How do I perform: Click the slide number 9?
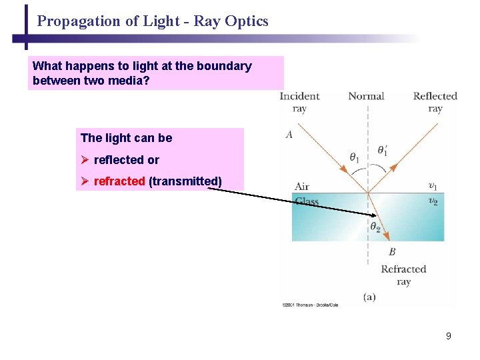(x=449, y=336)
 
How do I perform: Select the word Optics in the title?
(x=247, y=21)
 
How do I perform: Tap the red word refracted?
(x=119, y=181)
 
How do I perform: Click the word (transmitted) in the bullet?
(x=185, y=181)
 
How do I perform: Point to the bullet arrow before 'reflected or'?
(x=85, y=160)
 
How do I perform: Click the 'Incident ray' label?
(x=299, y=102)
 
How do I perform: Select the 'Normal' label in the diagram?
(x=366, y=96)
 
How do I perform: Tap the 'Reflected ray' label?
(x=435, y=102)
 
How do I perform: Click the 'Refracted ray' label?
(x=403, y=275)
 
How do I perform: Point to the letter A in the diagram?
(x=289, y=135)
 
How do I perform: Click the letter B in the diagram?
(x=392, y=251)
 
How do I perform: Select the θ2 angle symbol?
(x=376, y=227)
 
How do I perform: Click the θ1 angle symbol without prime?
(x=354, y=158)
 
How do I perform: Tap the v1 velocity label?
(x=433, y=185)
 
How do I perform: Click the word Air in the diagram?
(x=302, y=187)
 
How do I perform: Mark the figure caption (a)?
(x=369, y=297)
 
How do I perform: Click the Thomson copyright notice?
(x=310, y=305)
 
